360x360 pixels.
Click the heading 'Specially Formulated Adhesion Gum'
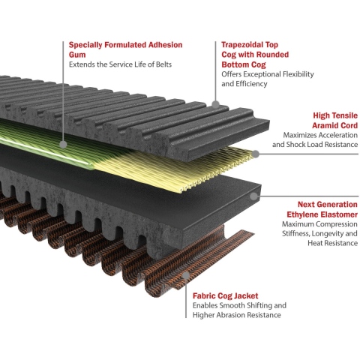[125, 49]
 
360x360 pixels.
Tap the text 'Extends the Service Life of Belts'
[120, 64]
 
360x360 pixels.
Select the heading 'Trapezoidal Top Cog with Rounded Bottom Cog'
[255, 55]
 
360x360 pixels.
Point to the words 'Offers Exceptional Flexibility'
[268, 74]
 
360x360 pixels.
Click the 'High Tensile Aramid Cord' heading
[335, 120]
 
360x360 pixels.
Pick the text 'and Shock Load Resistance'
[315, 145]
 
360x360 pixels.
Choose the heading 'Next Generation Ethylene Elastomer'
[322, 209]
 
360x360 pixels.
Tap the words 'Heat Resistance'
[332, 243]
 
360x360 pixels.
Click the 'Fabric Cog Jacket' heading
[225, 296]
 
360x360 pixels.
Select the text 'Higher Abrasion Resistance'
[236, 315]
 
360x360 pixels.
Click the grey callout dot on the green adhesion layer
[64, 144]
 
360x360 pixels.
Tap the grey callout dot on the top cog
[215, 104]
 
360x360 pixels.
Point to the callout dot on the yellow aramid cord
[255, 154]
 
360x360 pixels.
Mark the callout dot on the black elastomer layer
[253, 196]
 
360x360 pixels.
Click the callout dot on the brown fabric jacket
[186, 275]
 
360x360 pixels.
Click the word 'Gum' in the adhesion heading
[77, 55]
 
